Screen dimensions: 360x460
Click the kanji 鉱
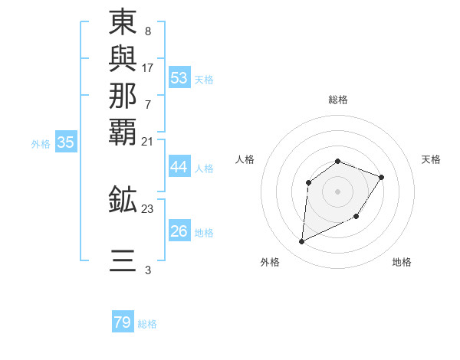(123, 199)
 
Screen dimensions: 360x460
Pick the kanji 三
(123, 260)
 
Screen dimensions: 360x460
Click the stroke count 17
(148, 67)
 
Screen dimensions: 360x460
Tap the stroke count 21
(148, 141)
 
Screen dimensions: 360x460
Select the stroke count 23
(148, 208)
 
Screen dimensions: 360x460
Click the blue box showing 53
(179, 78)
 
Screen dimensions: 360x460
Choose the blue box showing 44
(179, 168)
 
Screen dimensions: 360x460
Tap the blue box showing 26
(179, 231)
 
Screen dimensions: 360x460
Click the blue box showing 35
(66, 142)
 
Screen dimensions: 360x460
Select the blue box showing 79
(123, 322)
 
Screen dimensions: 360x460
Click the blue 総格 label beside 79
(147, 324)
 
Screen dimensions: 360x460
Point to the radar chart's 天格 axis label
(431, 159)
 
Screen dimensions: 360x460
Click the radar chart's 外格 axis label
(269, 262)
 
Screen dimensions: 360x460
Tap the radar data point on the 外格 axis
(301, 242)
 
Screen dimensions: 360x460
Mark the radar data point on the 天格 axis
(382, 177)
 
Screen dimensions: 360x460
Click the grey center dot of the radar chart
(337, 191)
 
